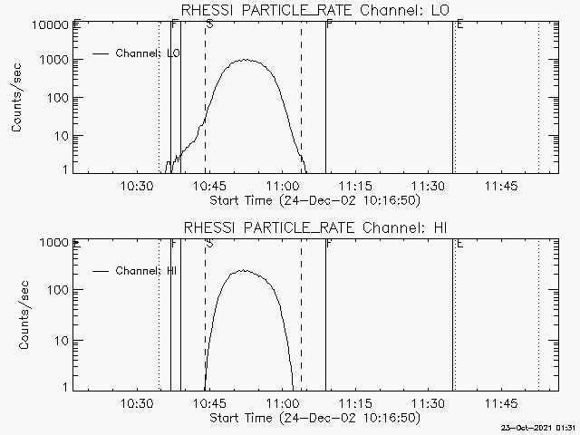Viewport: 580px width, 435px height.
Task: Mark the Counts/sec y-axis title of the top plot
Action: click(x=17, y=98)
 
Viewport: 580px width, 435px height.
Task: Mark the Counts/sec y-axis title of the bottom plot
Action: click(x=17, y=315)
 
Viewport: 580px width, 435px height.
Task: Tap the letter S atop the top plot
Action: click(x=209, y=25)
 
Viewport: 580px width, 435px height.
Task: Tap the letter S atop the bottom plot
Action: click(x=209, y=243)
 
